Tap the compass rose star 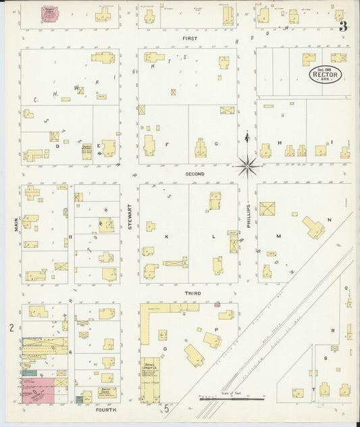(x=248, y=163)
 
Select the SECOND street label (x=195, y=174)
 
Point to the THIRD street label (x=193, y=294)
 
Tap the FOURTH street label (x=106, y=409)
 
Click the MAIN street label (x=14, y=224)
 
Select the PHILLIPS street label (x=248, y=217)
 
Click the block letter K (x=165, y=237)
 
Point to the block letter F (x=166, y=144)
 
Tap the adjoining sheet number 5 (x=166, y=409)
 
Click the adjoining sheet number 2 (x=11, y=328)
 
